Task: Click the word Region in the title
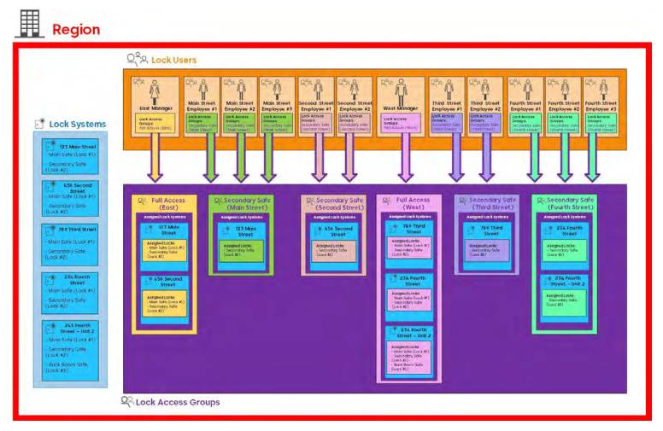76,29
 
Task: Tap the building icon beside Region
28,24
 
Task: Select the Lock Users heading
173,60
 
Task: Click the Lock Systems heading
78,124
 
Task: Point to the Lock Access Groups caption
177,401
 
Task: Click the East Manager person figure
155,90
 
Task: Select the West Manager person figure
402,90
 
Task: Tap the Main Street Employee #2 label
239,108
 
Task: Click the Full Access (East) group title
167,204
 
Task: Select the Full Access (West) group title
414,204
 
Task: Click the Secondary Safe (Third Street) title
492,204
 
